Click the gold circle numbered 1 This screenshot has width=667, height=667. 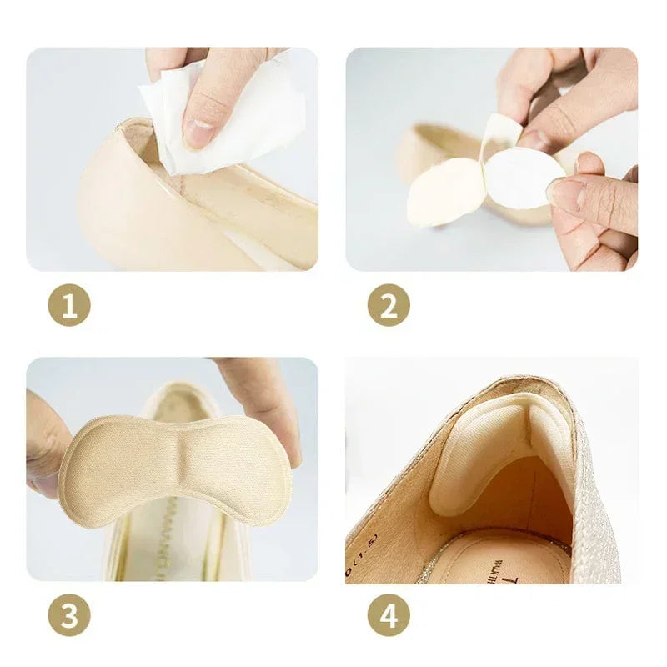pos(69,305)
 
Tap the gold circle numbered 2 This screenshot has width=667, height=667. pos(389,305)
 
